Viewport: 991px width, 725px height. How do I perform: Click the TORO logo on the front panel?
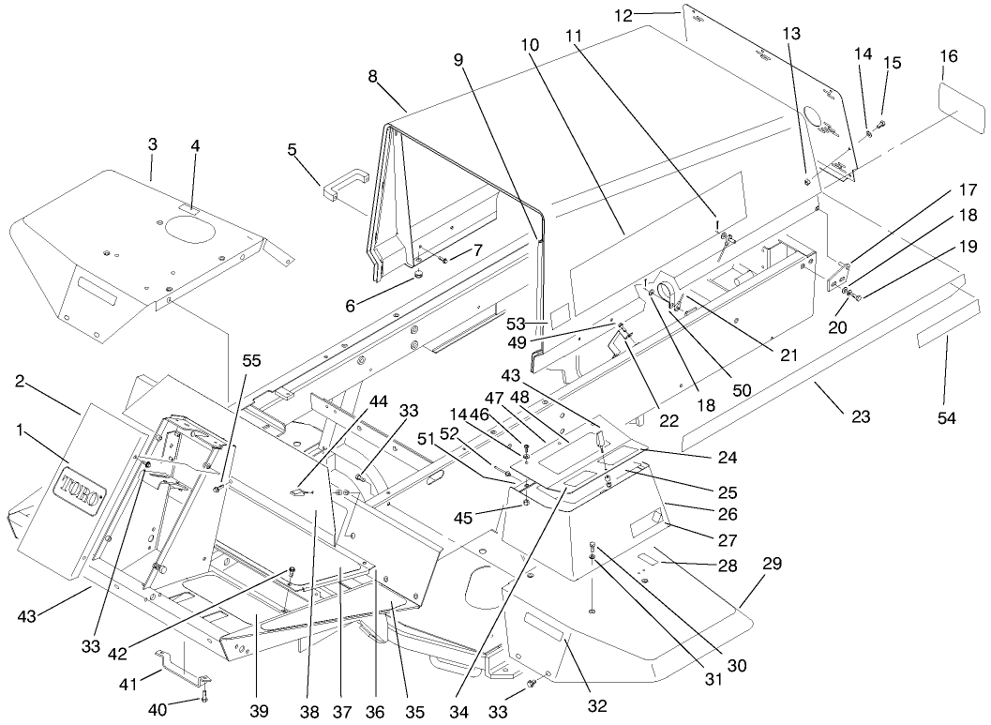point(82,491)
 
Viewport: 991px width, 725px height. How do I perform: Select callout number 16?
point(948,56)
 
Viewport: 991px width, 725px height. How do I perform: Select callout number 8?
point(373,76)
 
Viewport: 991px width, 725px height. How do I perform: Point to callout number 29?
point(772,563)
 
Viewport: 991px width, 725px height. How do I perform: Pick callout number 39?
point(259,710)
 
